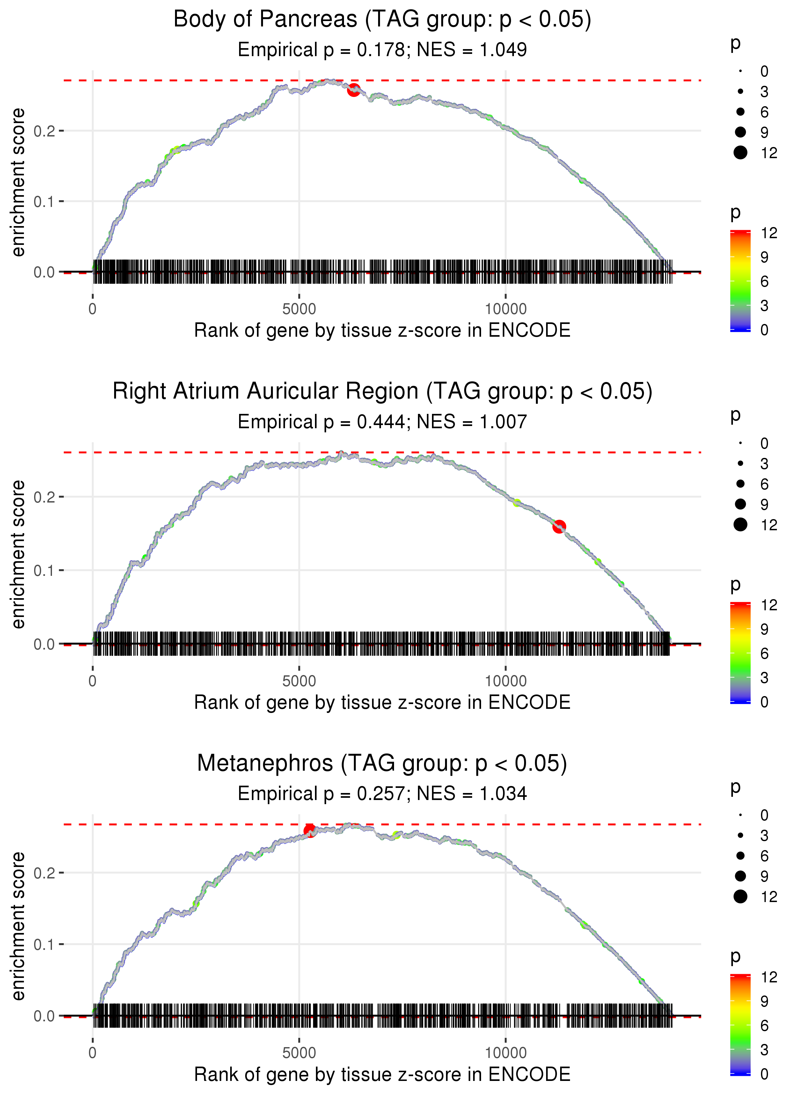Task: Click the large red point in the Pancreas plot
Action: point(354,90)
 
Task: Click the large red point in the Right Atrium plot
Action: point(559,526)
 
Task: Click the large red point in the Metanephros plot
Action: point(310,830)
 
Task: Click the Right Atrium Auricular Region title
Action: point(382,392)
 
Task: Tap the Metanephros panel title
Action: point(382,763)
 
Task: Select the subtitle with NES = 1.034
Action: point(382,794)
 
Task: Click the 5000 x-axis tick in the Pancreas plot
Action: point(299,309)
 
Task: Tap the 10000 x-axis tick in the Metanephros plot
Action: point(506,1053)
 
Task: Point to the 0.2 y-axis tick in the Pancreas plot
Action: point(44,131)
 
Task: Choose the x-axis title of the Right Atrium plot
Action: point(382,702)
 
